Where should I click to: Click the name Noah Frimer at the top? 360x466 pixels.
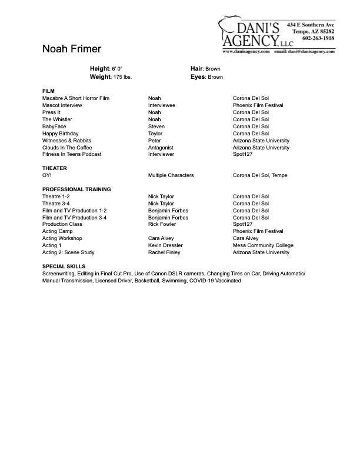pyautogui.click(x=72, y=49)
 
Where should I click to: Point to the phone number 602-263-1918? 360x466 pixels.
pyautogui.click(x=318, y=38)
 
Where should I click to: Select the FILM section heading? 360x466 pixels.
pyautogui.click(x=48, y=91)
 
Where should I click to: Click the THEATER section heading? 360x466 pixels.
pyautogui.click(x=55, y=168)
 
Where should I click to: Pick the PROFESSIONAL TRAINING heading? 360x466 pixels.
pyautogui.click(x=76, y=189)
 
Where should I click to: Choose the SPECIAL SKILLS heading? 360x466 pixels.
pyautogui.click(x=64, y=267)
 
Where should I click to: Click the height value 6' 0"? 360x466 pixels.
pyautogui.click(x=116, y=69)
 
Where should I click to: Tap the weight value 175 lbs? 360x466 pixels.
pyautogui.click(x=122, y=77)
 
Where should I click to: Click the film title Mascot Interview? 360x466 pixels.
pyautogui.click(x=62, y=105)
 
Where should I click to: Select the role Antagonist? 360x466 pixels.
pyautogui.click(x=161, y=148)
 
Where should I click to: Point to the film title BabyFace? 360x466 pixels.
pyautogui.click(x=54, y=127)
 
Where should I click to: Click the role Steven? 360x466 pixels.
pyautogui.click(x=156, y=127)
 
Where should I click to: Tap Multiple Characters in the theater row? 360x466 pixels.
pyautogui.click(x=171, y=175)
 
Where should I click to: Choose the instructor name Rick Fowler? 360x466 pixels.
pyautogui.click(x=162, y=224)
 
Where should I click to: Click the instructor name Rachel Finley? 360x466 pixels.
pyautogui.click(x=164, y=252)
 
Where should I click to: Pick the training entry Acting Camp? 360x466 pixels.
pyautogui.click(x=58, y=231)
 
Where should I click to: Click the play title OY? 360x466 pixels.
pyautogui.click(x=47, y=175)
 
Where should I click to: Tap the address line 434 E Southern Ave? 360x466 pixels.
pyautogui.click(x=311, y=25)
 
